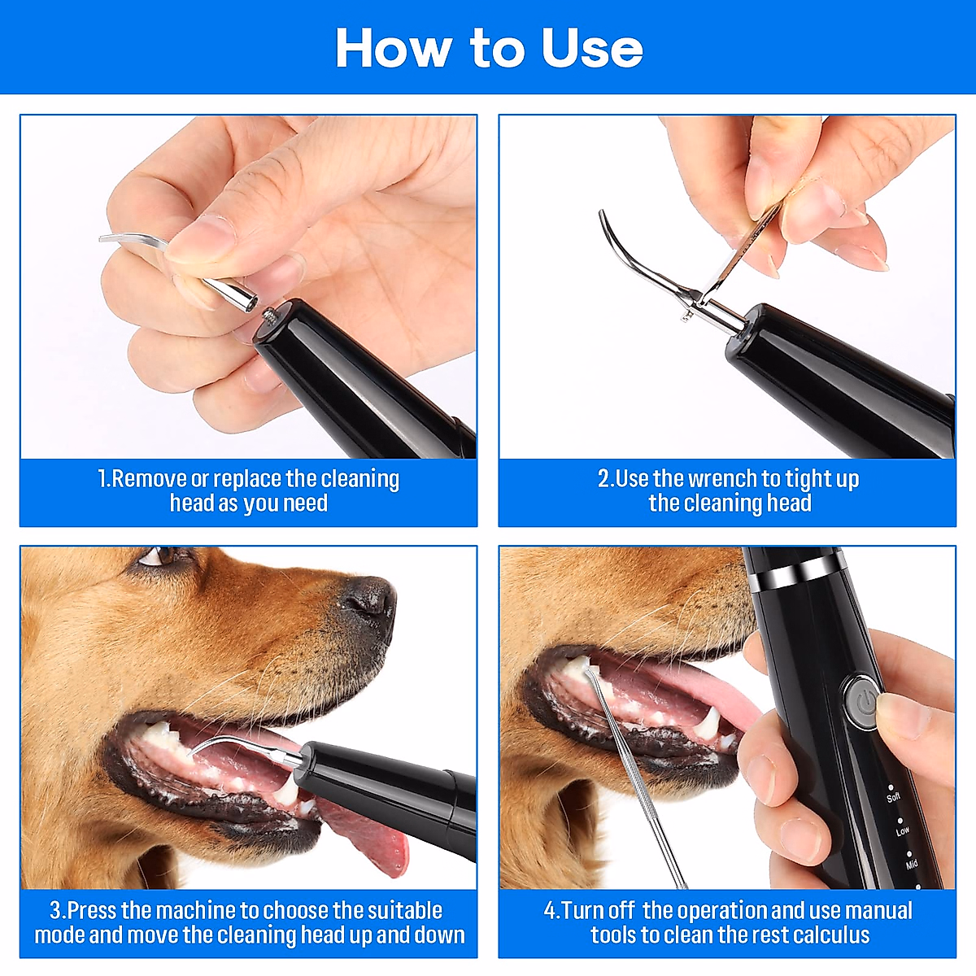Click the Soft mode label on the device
[x=893, y=796]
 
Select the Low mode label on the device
[x=903, y=831]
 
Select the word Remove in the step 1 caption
[x=148, y=479]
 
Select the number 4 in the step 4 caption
[x=550, y=910]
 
